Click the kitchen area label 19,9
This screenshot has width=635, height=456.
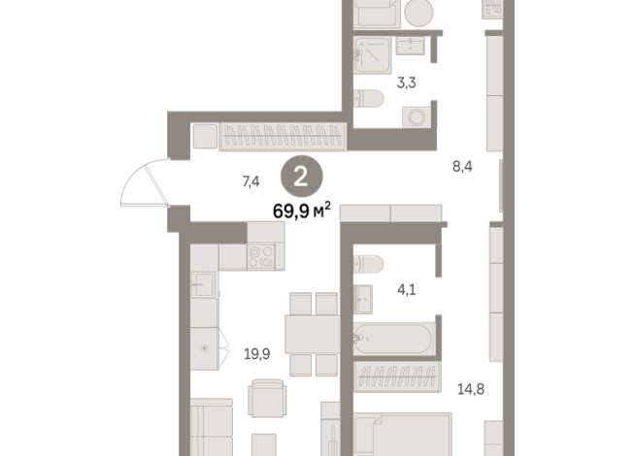pyautogui.click(x=257, y=354)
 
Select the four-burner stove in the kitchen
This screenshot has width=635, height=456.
pyautogui.click(x=262, y=256)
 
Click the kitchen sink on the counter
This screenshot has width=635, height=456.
pyautogui.click(x=203, y=284)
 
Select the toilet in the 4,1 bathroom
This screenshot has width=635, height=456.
pyautogui.click(x=370, y=265)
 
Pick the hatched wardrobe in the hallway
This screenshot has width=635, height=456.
pyautogui.click(x=282, y=137)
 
